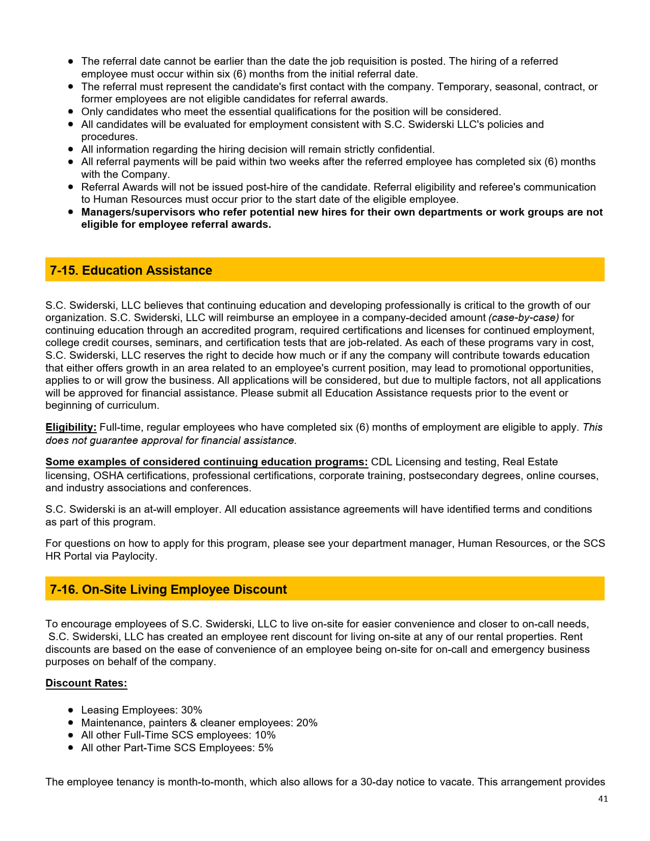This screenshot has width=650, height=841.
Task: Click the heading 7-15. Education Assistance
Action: pyautogui.click(x=131, y=270)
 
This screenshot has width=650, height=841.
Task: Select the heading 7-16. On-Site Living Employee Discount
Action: pyautogui.click(x=168, y=589)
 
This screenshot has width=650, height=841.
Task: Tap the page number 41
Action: pyautogui.click(x=603, y=799)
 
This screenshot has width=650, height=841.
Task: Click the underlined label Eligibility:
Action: pyautogui.click(x=71, y=427)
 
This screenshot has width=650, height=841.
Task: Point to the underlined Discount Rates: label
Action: pyautogui.click(x=86, y=683)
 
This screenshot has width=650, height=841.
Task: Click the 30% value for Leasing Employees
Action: pyautogui.click(x=192, y=710)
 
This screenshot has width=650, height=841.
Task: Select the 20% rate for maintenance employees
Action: pyautogui.click(x=307, y=723)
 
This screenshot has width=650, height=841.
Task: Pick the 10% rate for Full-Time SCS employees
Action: pyautogui.click(x=265, y=735)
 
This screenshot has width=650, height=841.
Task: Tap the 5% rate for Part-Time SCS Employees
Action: pyautogui.click(x=266, y=748)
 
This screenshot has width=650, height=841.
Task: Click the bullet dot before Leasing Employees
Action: pyautogui.click(x=71, y=710)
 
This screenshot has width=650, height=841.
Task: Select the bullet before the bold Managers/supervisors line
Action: pyautogui.click(x=71, y=212)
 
